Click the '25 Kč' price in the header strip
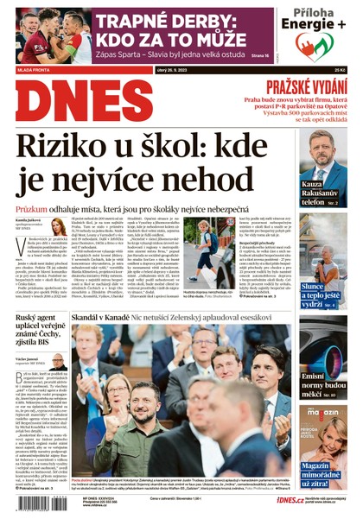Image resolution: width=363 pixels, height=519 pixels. point(340,70)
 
